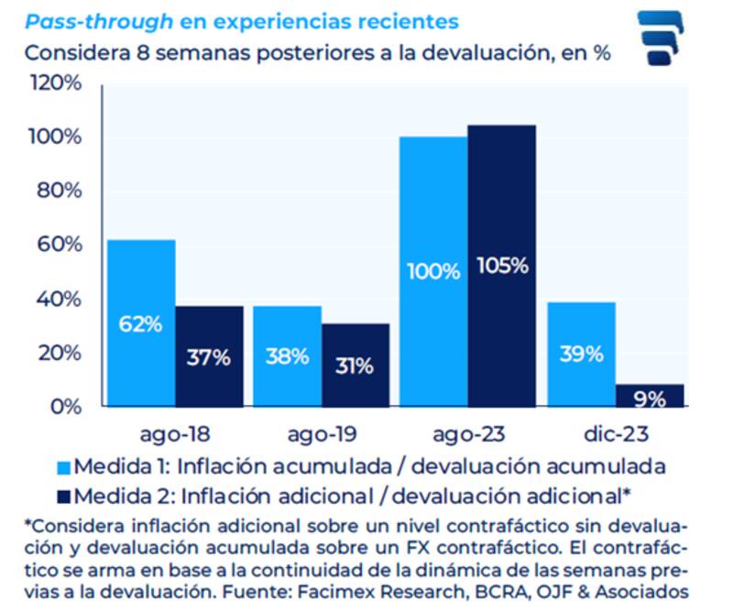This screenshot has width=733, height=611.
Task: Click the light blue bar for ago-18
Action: (140, 322)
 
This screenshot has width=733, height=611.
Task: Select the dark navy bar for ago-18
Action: (209, 356)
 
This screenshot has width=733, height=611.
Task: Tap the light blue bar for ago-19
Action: (287, 356)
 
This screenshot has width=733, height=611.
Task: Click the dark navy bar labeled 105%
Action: (501, 266)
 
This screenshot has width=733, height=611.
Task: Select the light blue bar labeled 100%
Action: (432, 271)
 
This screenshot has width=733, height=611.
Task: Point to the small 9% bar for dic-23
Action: (649, 396)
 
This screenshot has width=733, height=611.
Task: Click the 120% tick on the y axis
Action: (58, 83)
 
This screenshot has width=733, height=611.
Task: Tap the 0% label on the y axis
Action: (67, 407)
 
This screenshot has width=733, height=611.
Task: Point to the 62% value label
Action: (140, 324)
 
